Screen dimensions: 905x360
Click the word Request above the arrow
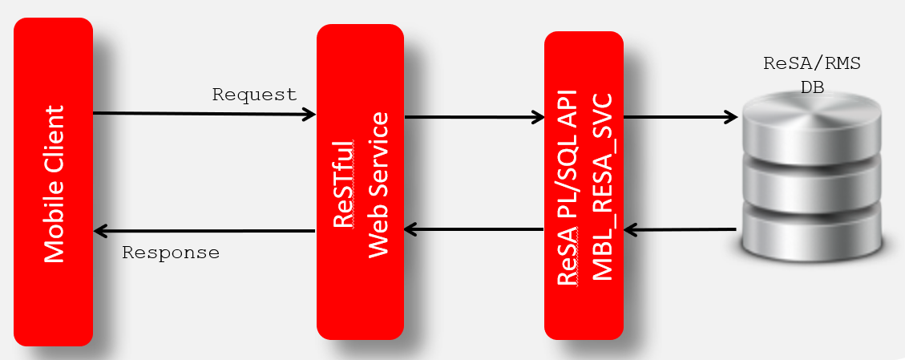point(255,94)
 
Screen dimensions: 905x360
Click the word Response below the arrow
point(171,253)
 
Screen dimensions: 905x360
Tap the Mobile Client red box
point(53,182)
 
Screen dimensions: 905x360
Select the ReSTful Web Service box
point(360,182)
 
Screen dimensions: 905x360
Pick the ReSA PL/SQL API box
point(584,185)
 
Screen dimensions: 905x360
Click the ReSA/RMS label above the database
point(812,63)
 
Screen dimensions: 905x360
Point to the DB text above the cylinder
point(812,87)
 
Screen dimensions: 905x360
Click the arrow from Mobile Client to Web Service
point(204,114)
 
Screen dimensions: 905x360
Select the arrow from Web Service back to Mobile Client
point(204,232)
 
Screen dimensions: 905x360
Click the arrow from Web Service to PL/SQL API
point(475,118)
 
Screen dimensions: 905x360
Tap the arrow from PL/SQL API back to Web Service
point(474,230)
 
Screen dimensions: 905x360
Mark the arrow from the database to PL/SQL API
point(680,230)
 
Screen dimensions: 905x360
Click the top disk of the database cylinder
point(812,124)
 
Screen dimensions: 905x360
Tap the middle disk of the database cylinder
point(812,180)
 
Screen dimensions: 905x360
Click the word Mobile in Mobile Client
point(54,220)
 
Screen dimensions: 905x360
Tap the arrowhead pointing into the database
point(732,118)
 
